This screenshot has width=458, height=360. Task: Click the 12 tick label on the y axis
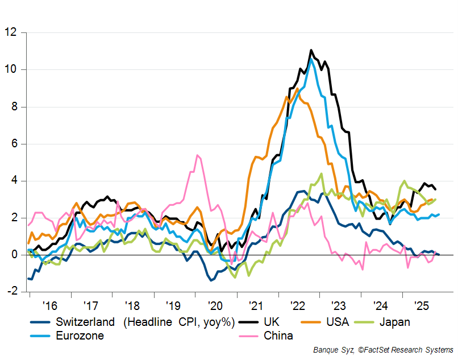[11, 32]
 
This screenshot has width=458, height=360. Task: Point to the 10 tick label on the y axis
[11, 69]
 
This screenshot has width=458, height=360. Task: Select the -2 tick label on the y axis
[11, 292]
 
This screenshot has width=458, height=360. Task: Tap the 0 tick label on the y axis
[14, 255]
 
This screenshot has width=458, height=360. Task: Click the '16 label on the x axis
[47, 305]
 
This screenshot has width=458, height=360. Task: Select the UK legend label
[271, 322]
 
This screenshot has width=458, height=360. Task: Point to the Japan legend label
[395, 322]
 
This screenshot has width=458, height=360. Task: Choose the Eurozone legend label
[80, 336]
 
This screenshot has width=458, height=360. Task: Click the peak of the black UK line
[311, 50]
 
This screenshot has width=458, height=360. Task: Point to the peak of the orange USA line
[297, 89]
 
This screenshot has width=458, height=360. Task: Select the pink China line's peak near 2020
[197, 155]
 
